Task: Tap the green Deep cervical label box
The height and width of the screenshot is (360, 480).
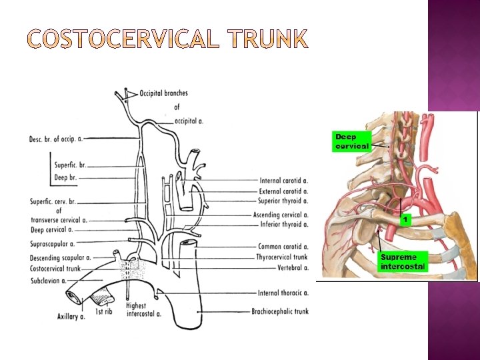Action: (x=351, y=141)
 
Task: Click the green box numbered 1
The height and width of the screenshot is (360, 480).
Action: (x=404, y=219)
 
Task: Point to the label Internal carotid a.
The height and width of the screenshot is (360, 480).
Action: (x=283, y=181)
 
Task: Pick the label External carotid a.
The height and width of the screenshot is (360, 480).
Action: (x=283, y=191)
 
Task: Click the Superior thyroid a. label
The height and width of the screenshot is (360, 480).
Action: (x=283, y=201)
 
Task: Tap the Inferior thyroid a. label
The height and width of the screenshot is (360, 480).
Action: (x=283, y=225)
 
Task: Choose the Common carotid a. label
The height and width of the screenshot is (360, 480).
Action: (x=284, y=247)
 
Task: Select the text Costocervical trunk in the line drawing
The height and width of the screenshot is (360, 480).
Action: (x=55, y=269)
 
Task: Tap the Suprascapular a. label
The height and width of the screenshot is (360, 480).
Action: (x=52, y=244)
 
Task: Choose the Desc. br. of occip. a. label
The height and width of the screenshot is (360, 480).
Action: (x=56, y=139)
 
